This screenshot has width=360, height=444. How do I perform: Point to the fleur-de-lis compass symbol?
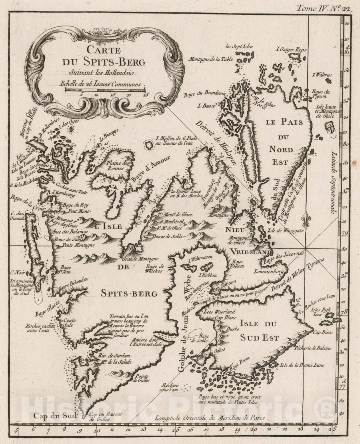click(306, 220)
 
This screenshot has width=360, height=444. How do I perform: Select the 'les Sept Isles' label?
click(234, 46)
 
